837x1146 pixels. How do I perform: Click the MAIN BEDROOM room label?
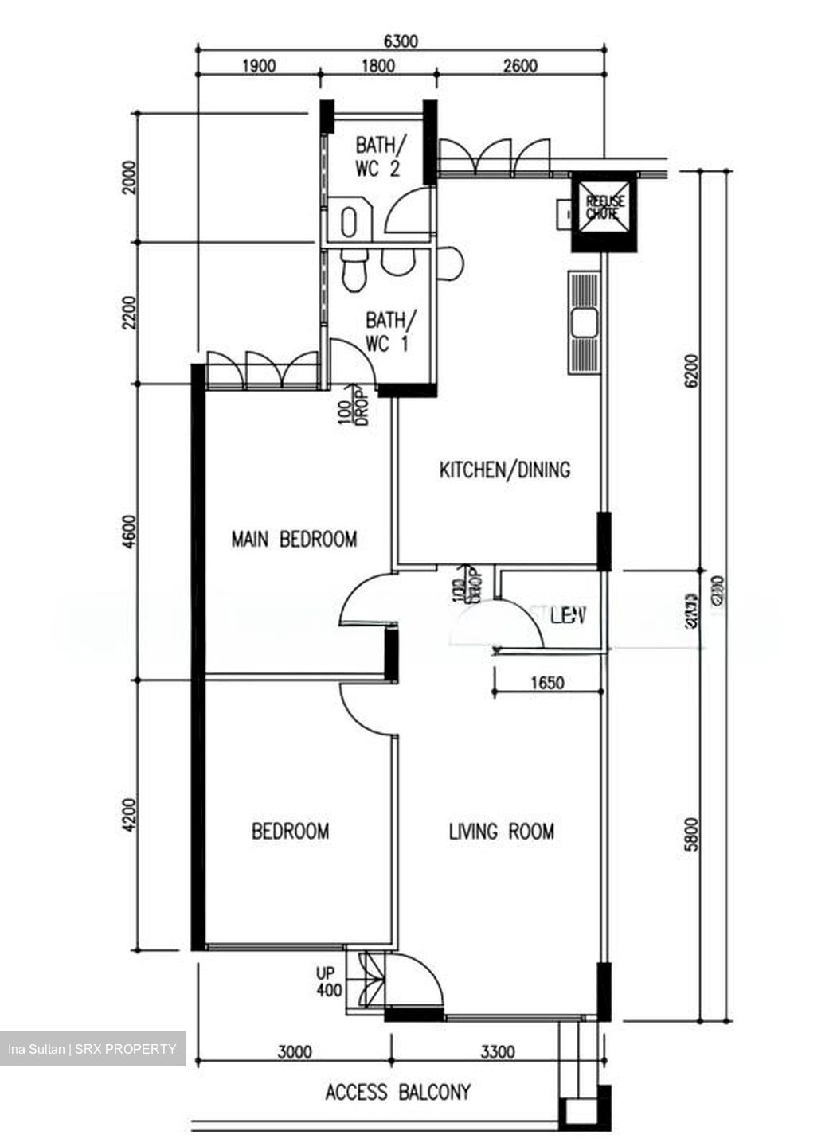pyautogui.click(x=294, y=540)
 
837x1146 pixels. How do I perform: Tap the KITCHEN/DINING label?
pyautogui.click(x=505, y=470)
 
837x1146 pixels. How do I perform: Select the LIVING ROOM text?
pyautogui.click(x=501, y=832)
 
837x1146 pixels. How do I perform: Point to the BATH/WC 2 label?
pyautogui.click(x=378, y=157)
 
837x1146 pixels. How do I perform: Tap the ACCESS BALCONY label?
pyautogui.click(x=397, y=1092)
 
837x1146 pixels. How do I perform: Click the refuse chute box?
pyautogui.click(x=604, y=212)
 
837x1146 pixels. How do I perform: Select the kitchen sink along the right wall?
pyautogui.click(x=585, y=322)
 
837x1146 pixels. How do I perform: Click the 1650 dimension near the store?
pyautogui.click(x=546, y=682)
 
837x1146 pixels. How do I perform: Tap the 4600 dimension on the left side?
pyautogui.click(x=132, y=532)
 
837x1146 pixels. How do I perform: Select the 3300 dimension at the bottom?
pyautogui.click(x=497, y=1052)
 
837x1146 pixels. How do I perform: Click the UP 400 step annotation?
pyautogui.click(x=328, y=983)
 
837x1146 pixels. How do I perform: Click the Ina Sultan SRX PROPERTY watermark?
pyautogui.click(x=92, y=1049)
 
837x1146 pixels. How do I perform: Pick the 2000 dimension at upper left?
pyautogui.click(x=132, y=177)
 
